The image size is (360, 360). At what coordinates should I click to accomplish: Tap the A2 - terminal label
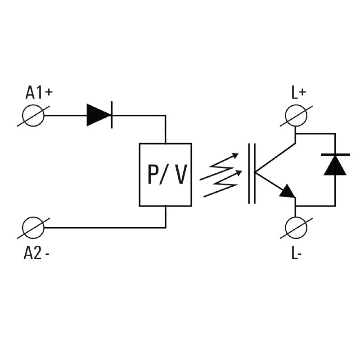click(x=36, y=253)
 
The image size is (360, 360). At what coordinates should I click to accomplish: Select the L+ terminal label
click(x=298, y=93)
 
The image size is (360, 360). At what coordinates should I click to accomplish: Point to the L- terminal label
click(x=296, y=253)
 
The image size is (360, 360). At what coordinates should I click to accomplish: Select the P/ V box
click(x=166, y=175)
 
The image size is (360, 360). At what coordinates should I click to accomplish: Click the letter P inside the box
click(x=153, y=175)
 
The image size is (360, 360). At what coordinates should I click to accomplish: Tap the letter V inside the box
click(x=180, y=175)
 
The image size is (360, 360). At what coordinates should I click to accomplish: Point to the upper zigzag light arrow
click(x=219, y=165)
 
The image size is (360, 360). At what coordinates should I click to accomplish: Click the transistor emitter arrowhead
click(x=288, y=192)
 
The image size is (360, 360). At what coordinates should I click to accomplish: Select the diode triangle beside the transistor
click(x=335, y=165)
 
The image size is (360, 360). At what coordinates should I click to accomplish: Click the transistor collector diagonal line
click(x=275, y=157)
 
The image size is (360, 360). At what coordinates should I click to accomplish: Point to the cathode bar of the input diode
click(x=112, y=115)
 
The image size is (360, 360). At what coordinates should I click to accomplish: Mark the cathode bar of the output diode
click(x=335, y=154)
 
